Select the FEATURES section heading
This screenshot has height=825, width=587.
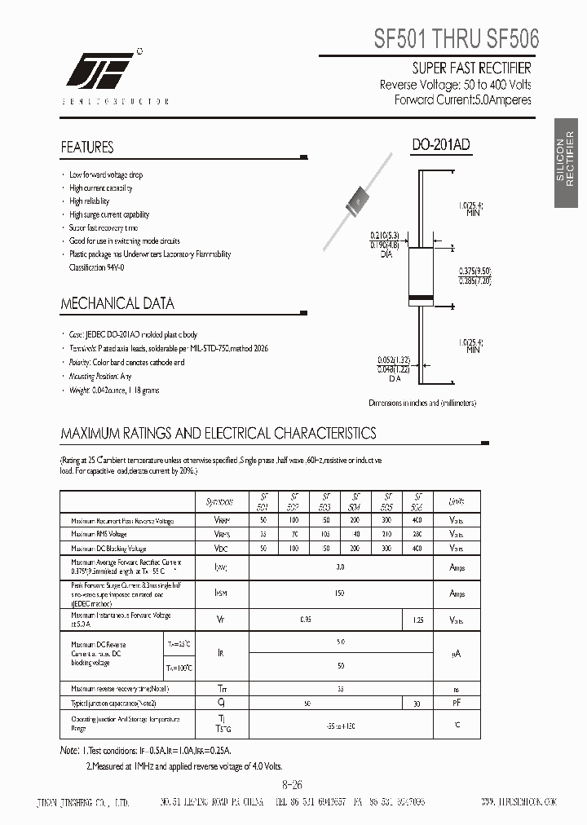[87, 148]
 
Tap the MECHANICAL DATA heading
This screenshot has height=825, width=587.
[117, 303]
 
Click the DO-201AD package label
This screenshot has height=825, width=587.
[440, 145]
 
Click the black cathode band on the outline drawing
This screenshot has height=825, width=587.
[421, 294]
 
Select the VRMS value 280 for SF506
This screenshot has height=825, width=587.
[417, 534]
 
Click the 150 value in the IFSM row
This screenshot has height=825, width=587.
[340, 593]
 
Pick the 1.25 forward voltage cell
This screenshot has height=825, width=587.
[417, 620]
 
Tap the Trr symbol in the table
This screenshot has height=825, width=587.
[220, 689]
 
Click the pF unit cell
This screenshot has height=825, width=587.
[457, 703]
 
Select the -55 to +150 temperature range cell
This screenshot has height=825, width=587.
[340, 723]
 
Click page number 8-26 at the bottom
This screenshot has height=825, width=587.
[292, 784]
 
